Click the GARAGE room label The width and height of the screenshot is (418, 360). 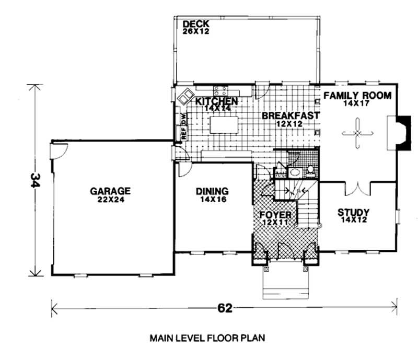click(109, 191)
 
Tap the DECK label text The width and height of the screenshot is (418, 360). click(196, 24)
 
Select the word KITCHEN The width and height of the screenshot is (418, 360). click(217, 101)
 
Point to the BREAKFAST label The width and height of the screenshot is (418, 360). click(291, 115)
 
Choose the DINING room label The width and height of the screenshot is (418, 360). click(212, 191)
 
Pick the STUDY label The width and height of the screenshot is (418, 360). click(353, 213)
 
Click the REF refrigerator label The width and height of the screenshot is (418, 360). click(183, 132)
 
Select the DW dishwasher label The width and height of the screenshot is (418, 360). click(183, 119)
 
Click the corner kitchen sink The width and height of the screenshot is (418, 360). click(185, 97)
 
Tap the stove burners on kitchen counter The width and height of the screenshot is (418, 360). click(220, 89)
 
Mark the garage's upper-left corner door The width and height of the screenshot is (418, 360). click(58, 151)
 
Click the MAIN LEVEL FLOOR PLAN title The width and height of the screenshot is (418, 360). click(207, 338)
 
